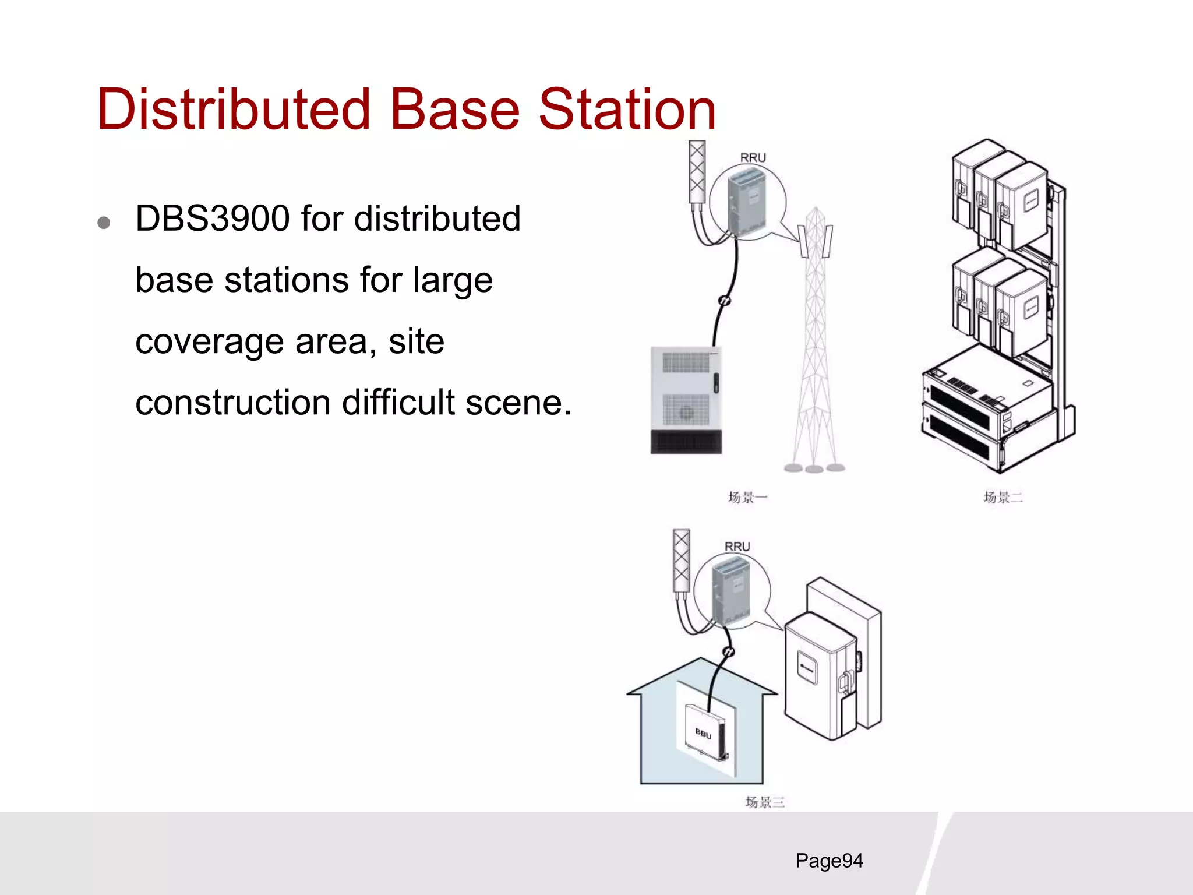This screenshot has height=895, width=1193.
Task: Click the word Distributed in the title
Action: click(x=233, y=109)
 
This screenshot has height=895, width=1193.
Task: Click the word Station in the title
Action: click(x=627, y=109)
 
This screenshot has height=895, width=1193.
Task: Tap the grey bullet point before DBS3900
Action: click(x=104, y=223)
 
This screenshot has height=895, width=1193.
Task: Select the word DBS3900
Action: click(x=213, y=219)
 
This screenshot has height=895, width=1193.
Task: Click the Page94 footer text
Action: click(x=829, y=861)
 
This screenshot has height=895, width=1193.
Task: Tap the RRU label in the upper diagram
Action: click(x=753, y=158)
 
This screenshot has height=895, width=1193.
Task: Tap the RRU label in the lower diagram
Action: click(x=737, y=547)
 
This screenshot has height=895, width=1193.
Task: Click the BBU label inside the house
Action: click(x=703, y=733)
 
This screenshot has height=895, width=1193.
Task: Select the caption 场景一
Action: click(x=747, y=497)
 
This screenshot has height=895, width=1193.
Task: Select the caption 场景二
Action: click(x=1003, y=497)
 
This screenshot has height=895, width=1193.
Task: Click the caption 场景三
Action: click(x=764, y=802)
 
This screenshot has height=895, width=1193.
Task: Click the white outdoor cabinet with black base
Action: click(x=686, y=399)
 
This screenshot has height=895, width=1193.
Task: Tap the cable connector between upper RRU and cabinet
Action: click(x=724, y=301)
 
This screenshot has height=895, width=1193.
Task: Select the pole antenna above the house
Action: click(x=682, y=561)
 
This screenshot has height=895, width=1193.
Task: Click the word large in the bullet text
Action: click(x=453, y=280)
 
